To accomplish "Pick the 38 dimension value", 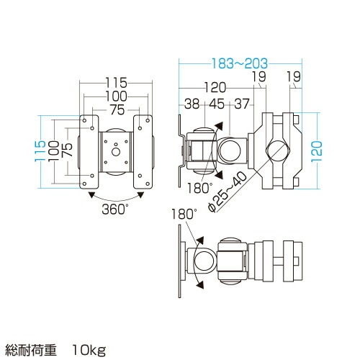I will coord(192,104).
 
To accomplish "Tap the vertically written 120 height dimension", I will coord(317,151).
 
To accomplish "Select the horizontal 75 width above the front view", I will coord(115,109).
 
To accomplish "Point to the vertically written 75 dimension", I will coord(67,151).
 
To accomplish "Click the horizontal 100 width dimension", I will coord(115,96).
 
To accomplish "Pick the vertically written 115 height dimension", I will coord(40,151).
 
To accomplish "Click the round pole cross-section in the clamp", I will coord(277,150).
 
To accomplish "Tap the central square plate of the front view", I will coord(115,151).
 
